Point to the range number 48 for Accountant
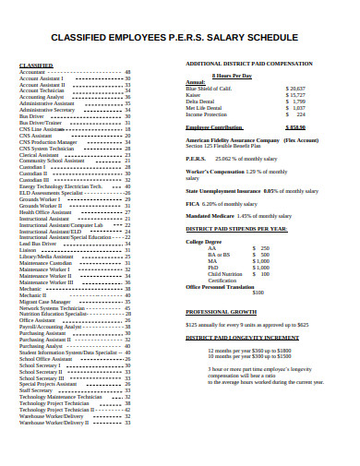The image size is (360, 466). [127, 72]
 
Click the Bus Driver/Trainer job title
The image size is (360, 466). [42, 122]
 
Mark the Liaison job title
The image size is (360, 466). [28, 249]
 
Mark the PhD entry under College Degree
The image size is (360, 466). [213, 268]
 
